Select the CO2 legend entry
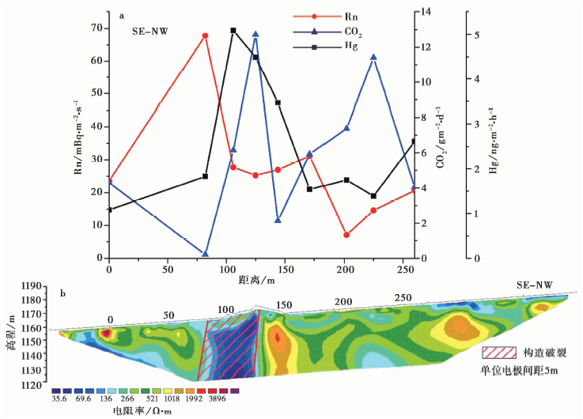pyautogui.click(x=328, y=31)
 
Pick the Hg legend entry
pyautogui.click(x=328, y=47)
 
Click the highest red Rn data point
pyautogui.click(x=205, y=36)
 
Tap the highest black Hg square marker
pyautogui.click(x=233, y=31)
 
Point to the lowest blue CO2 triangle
pyautogui.click(x=205, y=254)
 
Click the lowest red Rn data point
pyautogui.click(x=346, y=235)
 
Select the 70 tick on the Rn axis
pyautogui.click(x=97, y=28)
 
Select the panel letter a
pyautogui.click(x=122, y=14)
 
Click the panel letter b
pyautogui.click(x=62, y=295)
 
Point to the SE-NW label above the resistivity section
pyautogui.click(x=535, y=285)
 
